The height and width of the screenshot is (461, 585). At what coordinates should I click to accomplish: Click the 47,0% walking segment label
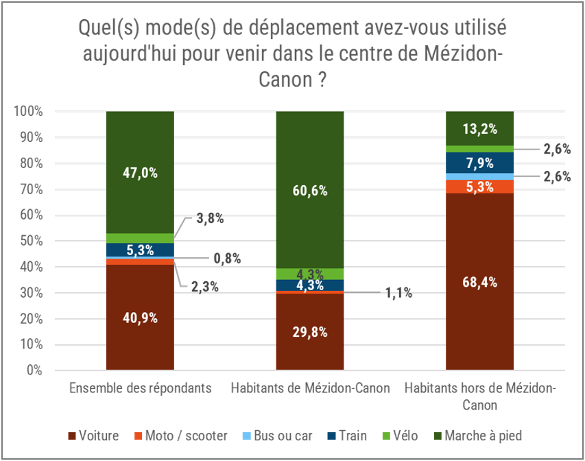[140, 173]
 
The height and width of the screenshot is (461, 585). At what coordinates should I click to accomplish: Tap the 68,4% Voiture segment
[479, 282]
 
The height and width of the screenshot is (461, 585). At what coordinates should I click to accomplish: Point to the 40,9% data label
[140, 318]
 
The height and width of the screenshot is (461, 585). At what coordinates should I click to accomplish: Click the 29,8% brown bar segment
[309, 332]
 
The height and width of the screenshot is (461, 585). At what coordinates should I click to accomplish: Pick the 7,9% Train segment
[479, 163]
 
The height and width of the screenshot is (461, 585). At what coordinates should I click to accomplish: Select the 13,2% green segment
[479, 128]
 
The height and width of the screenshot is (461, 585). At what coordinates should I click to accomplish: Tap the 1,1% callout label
[397, 293]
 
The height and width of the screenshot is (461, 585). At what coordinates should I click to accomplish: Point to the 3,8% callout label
[209, 219]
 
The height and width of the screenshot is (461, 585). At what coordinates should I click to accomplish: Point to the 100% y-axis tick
[30, 111]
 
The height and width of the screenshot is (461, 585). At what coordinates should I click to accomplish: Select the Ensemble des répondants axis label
[139, 388]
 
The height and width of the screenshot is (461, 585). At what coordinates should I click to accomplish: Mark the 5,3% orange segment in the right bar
[479, 186]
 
